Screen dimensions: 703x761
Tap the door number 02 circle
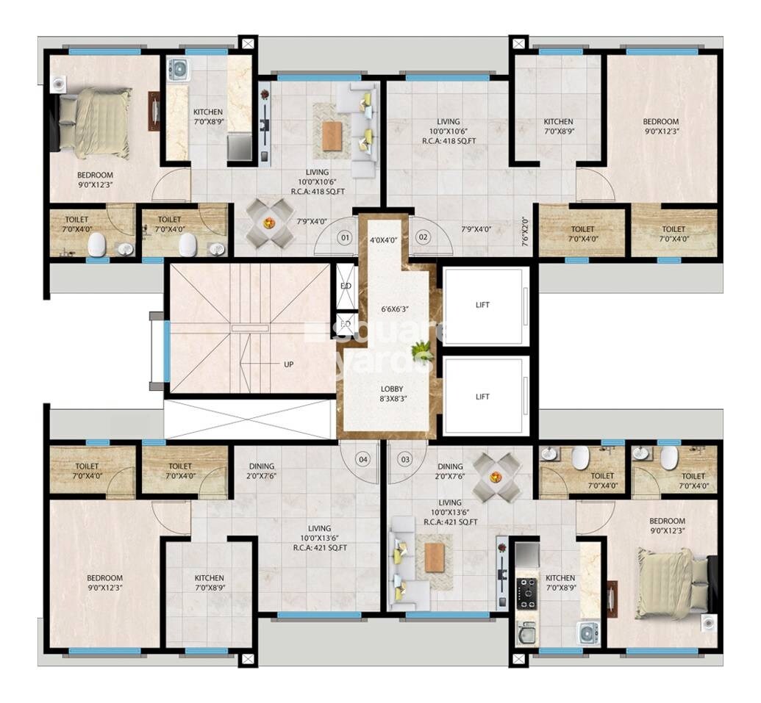pos(423,237)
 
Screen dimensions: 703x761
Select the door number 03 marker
pos(404,459)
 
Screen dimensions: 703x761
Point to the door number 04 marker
pos(362,459)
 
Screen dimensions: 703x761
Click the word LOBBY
pos(391,389)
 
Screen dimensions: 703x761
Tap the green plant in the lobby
pos(421,352)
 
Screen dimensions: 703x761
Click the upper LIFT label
pos(482,305)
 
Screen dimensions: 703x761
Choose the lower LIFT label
pos(482,397)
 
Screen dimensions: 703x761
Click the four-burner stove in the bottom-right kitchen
pos(526,591)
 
